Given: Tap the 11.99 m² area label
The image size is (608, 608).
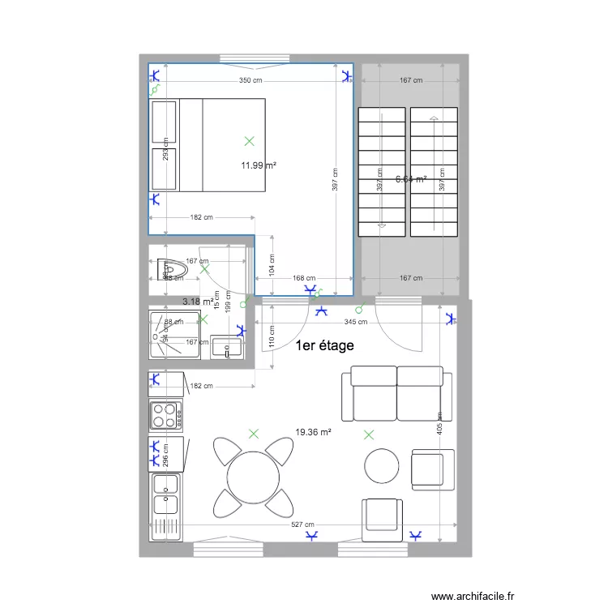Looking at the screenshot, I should click(x=259, y=165).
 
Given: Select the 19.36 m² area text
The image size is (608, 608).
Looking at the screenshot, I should click(x=314, y=433).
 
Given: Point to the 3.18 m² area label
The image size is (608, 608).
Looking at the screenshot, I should click(x=199, y=302).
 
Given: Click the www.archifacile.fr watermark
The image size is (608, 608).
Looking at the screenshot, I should click(x=473, y=596).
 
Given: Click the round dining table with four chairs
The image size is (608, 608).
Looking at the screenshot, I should click(x=254, y=477).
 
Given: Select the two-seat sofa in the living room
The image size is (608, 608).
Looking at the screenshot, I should click(x=396, y=393).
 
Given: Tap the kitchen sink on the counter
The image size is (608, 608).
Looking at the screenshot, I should click(x=167, y=495).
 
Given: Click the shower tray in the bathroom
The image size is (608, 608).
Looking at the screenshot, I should click(x=173, y=333).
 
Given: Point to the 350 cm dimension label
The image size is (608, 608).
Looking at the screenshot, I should click(x=250, y=81).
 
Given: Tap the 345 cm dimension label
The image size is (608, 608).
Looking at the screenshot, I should click(x=356, y=322).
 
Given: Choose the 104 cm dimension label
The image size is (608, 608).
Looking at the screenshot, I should click(x=272, y=264).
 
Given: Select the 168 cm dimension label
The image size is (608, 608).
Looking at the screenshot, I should click(x=304, y=278).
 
